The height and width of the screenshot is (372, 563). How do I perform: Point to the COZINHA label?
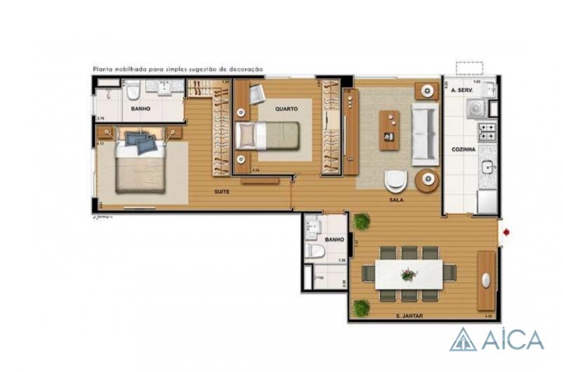pyautogui.click(x=464, y=149)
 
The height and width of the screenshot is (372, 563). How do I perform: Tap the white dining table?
pyautogui.click(x=408, y=274)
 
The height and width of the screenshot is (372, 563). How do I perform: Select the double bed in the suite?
pyautogui.click(x=141, y=165)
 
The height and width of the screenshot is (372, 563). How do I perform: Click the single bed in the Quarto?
pyautogui.click(x=267, y=134)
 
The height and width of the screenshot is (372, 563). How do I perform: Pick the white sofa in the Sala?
pyautogui.click(x=425, y=133)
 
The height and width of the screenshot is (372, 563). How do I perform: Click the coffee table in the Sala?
pyautogui.click(x=389, y=130)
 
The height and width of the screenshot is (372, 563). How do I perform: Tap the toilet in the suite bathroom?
pyautogui.click(x=133, y=91)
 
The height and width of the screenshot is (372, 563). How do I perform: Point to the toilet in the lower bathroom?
pyautogui.click(x=315, y=251)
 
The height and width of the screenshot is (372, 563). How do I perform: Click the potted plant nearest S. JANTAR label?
pyautogui.click(x=362, y=307)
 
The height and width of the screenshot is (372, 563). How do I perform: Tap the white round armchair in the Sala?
pyautogui.click(x=396, y=181)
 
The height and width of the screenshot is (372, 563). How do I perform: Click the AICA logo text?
pyautogui.click(x=512, y=340)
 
